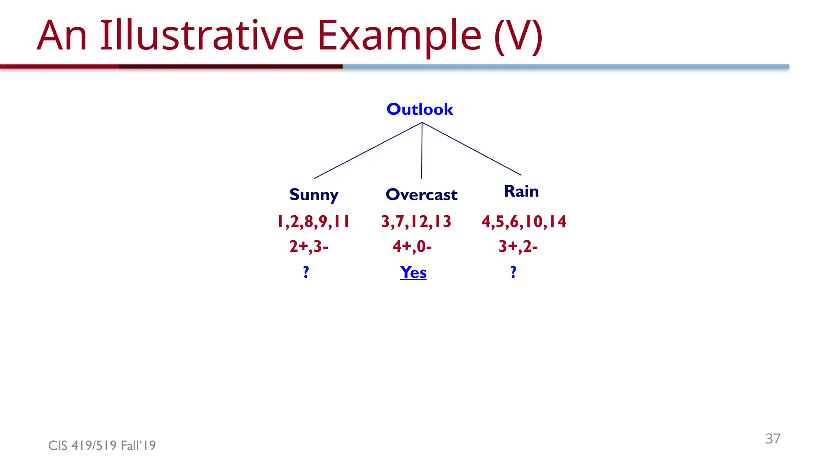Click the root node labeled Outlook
(420, 109)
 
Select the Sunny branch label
(314, 195)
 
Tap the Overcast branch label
(421, 195)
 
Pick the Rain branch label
(521, 191)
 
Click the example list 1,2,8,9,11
(313, 222)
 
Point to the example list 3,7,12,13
(416, 222)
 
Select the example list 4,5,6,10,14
(523, 222)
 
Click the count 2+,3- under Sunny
(308, 246)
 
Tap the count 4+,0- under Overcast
(412, 246)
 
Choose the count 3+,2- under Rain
(518, 246)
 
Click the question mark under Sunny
(306, 272)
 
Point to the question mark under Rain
(513, 272)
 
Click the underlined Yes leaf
(413, 272)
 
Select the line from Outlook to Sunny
(368, 150)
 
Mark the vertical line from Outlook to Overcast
(422, 151)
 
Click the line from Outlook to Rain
(471, 149)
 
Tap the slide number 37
(773, 439)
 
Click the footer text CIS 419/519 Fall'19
(102, 446)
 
